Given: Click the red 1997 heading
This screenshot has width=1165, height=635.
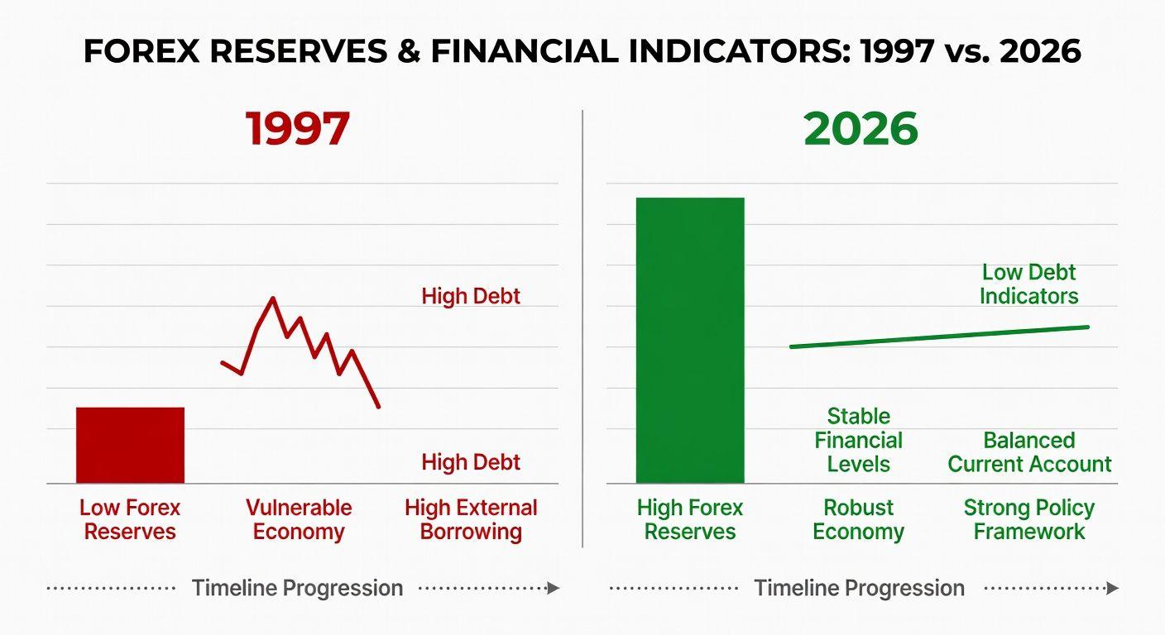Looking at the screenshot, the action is [x=298, y=128].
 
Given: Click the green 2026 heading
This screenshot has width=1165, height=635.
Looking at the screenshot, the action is [x=861, y=128].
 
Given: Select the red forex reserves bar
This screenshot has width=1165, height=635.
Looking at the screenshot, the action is [x=130, y=446].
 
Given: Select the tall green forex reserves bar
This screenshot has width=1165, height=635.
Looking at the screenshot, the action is [x=690, y=341].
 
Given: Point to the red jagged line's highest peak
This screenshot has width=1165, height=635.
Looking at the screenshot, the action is [x=273, y=298].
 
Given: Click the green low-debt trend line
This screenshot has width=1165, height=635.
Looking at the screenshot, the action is [x=939, y=337].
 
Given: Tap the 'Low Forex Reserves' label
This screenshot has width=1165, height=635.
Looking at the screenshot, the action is [x=130, y=519].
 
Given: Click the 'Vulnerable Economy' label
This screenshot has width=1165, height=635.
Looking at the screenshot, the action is [x=299, y=519].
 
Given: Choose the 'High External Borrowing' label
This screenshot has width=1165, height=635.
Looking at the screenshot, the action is [x=471, y=519].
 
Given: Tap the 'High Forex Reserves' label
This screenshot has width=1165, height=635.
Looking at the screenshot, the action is [x=690, y=519].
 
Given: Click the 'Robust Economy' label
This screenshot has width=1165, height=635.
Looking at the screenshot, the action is [x=858, y=519].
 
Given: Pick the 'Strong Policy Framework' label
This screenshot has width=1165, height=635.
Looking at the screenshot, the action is [x=1029, y=519].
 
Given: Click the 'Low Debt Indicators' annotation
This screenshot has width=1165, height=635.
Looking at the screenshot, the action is [x=1029, y=284].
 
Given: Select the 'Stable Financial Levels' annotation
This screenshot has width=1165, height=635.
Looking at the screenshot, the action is [x=858, y=440].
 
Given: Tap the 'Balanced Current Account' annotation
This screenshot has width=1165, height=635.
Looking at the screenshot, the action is [x=1029, y=452].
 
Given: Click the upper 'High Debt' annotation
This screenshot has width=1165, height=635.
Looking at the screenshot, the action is [x=471, y=296].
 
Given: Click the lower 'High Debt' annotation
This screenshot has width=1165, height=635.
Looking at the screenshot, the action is [x=471, y=462].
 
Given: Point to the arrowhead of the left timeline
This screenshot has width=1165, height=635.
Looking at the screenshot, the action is [x=554, y=588].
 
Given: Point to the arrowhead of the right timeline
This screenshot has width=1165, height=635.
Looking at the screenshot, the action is [x=1113, y=588].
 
